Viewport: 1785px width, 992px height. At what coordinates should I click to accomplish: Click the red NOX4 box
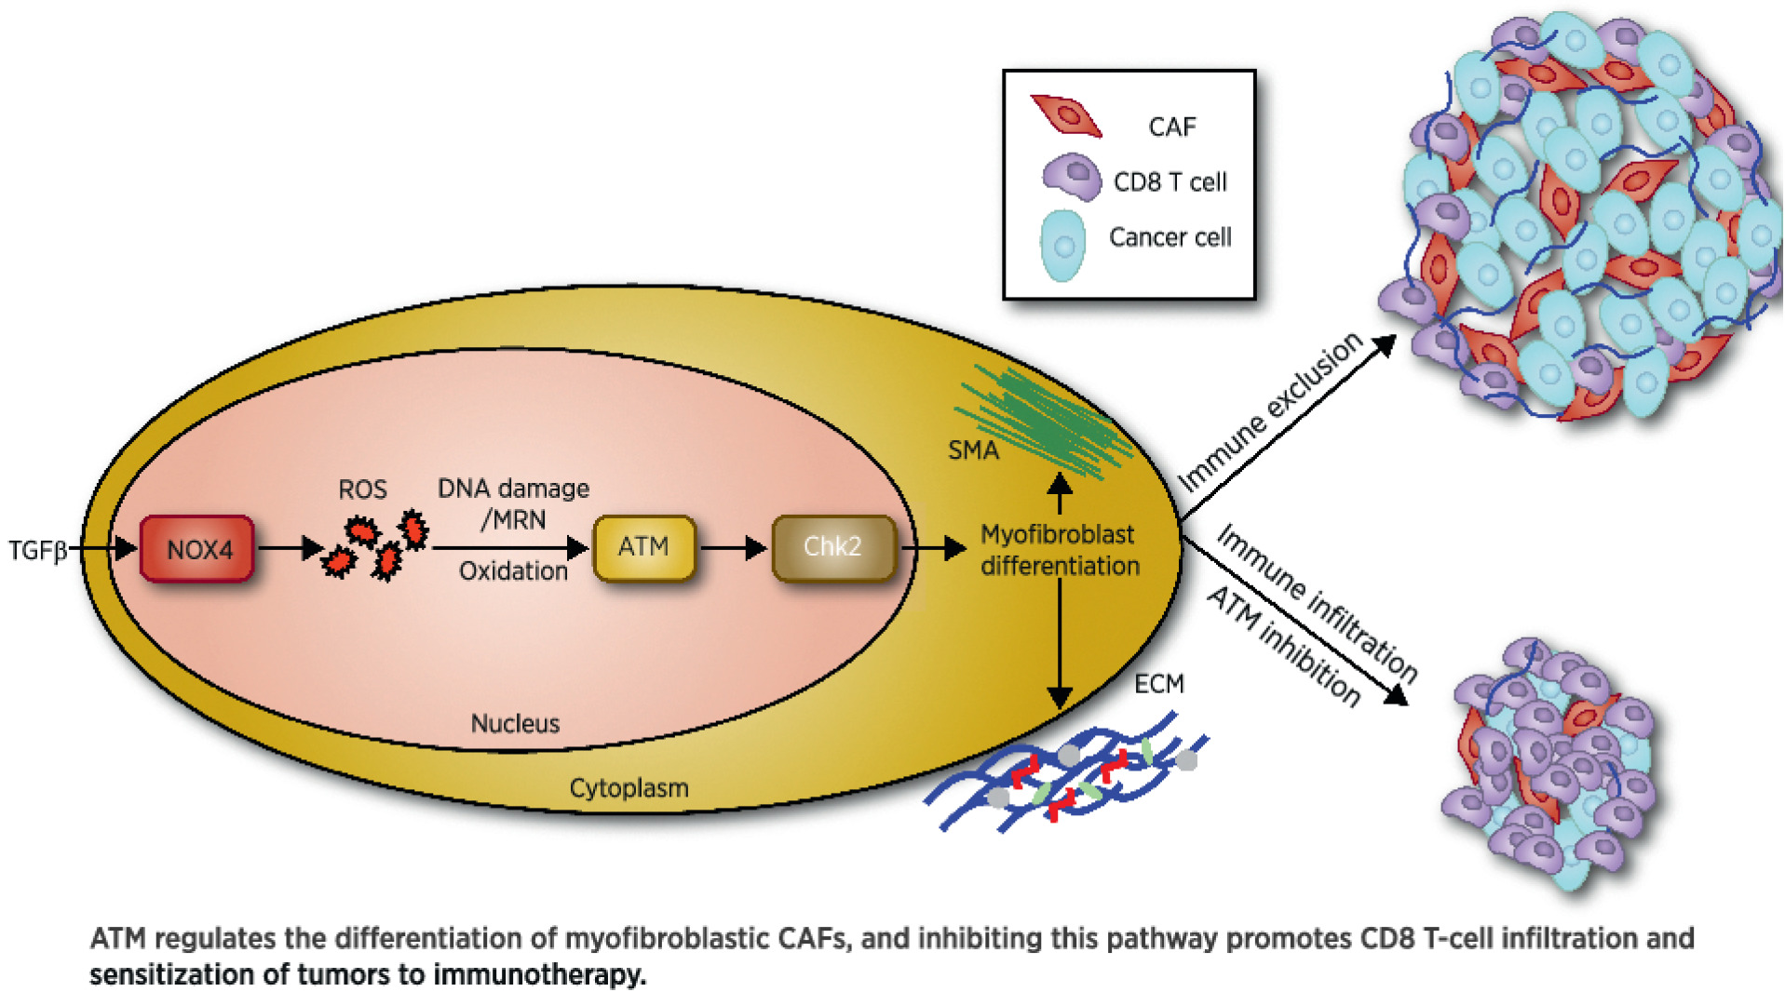[x=197, y=549]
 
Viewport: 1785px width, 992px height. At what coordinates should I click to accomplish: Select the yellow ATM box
[x=643, y=547]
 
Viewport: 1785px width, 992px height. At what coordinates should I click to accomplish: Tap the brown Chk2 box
[x=832, y=547]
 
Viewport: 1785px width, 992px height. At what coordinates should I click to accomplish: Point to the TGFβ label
[x=38, y=551]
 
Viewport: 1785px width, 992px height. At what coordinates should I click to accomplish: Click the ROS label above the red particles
[x=362, y=489]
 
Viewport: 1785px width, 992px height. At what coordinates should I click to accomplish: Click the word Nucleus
[x=515, y=724]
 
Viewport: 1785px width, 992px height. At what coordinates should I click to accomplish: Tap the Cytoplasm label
[x=629, y=788]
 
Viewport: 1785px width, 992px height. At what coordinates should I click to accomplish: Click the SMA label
[x=973, y=450]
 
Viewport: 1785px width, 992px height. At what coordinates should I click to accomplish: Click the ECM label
[x=1158, y=684]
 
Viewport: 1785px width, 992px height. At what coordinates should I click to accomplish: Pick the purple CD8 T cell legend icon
[x=1072, y=177]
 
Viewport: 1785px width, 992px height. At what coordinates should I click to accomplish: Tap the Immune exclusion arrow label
[x=1270, y=412]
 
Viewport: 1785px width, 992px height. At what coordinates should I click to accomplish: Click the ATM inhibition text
[x=1283, y=646]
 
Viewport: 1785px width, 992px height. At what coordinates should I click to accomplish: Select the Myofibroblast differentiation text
[x=1060, y=550]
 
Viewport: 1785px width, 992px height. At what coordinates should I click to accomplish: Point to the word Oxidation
[x=513, y=571]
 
